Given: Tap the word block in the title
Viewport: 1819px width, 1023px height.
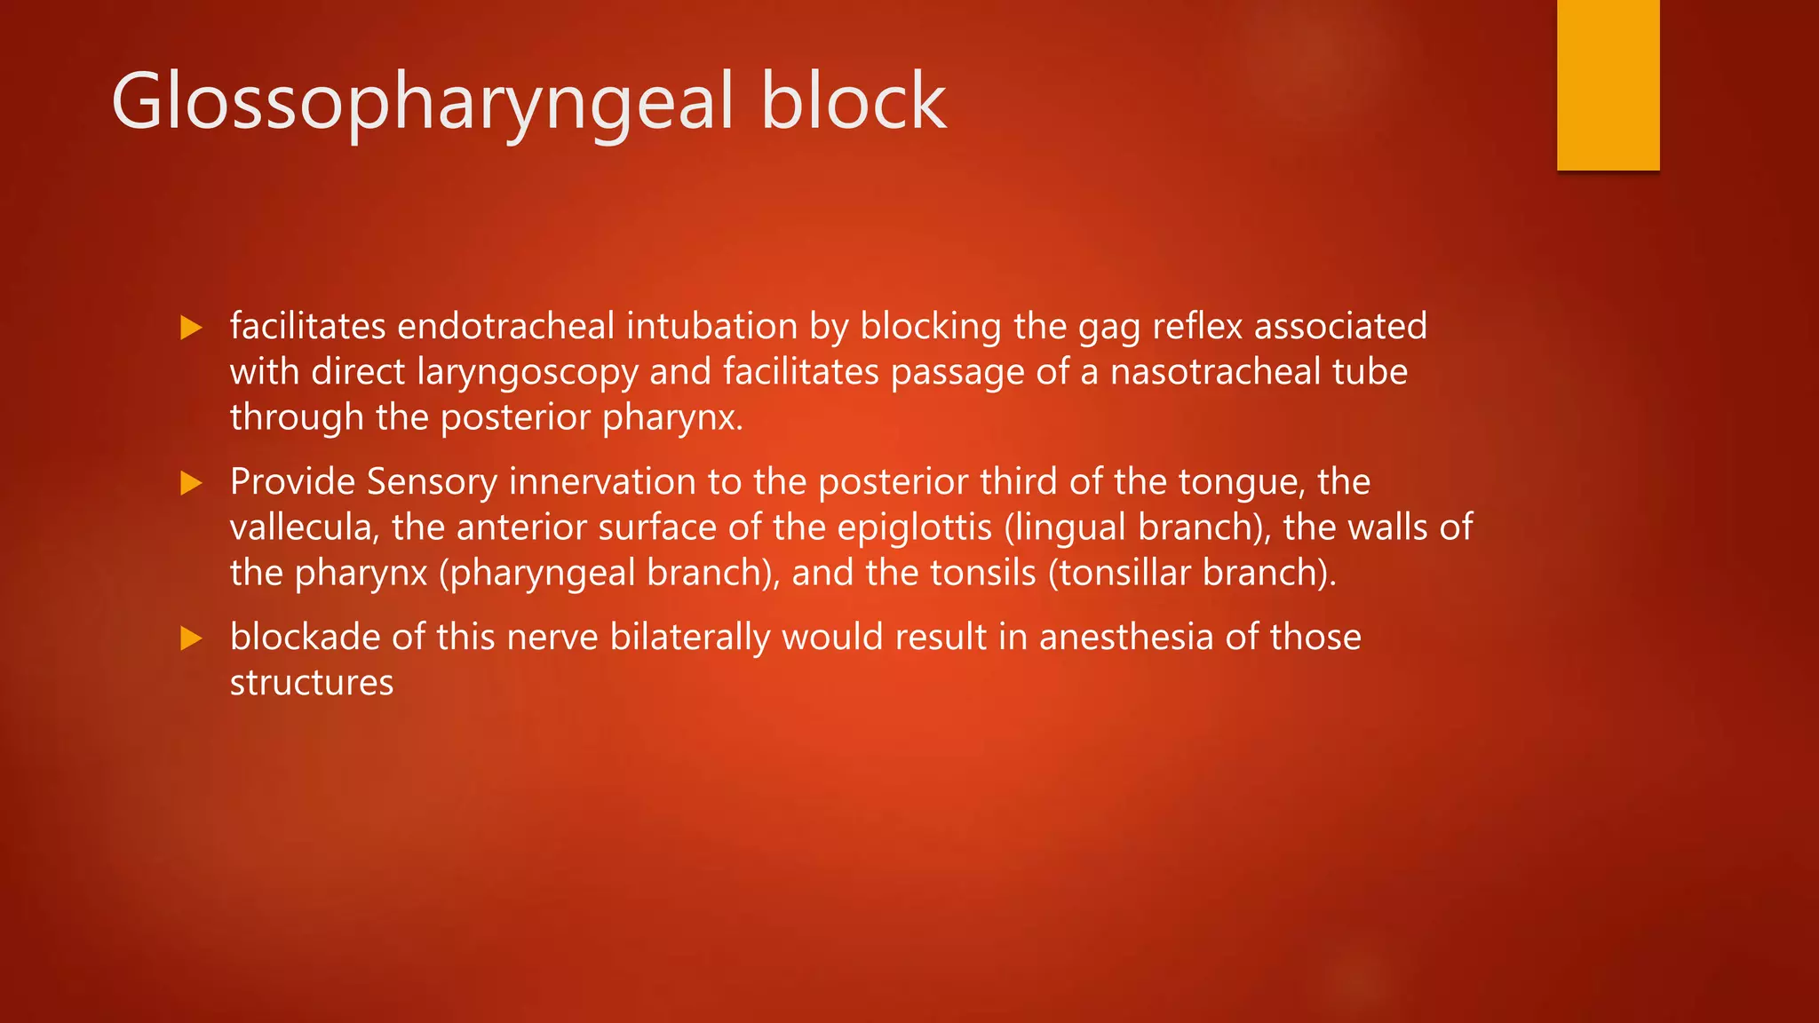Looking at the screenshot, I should pyautogui.click(x=853, y=103).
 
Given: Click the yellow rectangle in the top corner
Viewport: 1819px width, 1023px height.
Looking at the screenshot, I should pyautogui.click(x=1608, y=84).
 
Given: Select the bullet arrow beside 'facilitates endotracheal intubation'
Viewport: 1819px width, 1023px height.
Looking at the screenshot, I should pyautogui.click(x=191, y=328).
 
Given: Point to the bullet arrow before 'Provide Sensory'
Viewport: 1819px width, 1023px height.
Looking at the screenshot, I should pyautogui.click(x=191, y=483).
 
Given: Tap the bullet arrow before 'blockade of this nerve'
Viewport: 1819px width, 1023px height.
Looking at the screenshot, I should pyautogui.click(x=191, y=638).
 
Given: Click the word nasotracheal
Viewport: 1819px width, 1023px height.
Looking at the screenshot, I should pyautogui.click(x=1215, y=371).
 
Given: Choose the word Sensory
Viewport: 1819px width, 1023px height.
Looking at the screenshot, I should pyautogui.click(x=432, y=482).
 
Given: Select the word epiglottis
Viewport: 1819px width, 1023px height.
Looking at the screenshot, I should pyautogui.click(x=914, y=528).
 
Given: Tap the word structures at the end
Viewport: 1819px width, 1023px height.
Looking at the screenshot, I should pyautogui.click(x=311, y=683).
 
